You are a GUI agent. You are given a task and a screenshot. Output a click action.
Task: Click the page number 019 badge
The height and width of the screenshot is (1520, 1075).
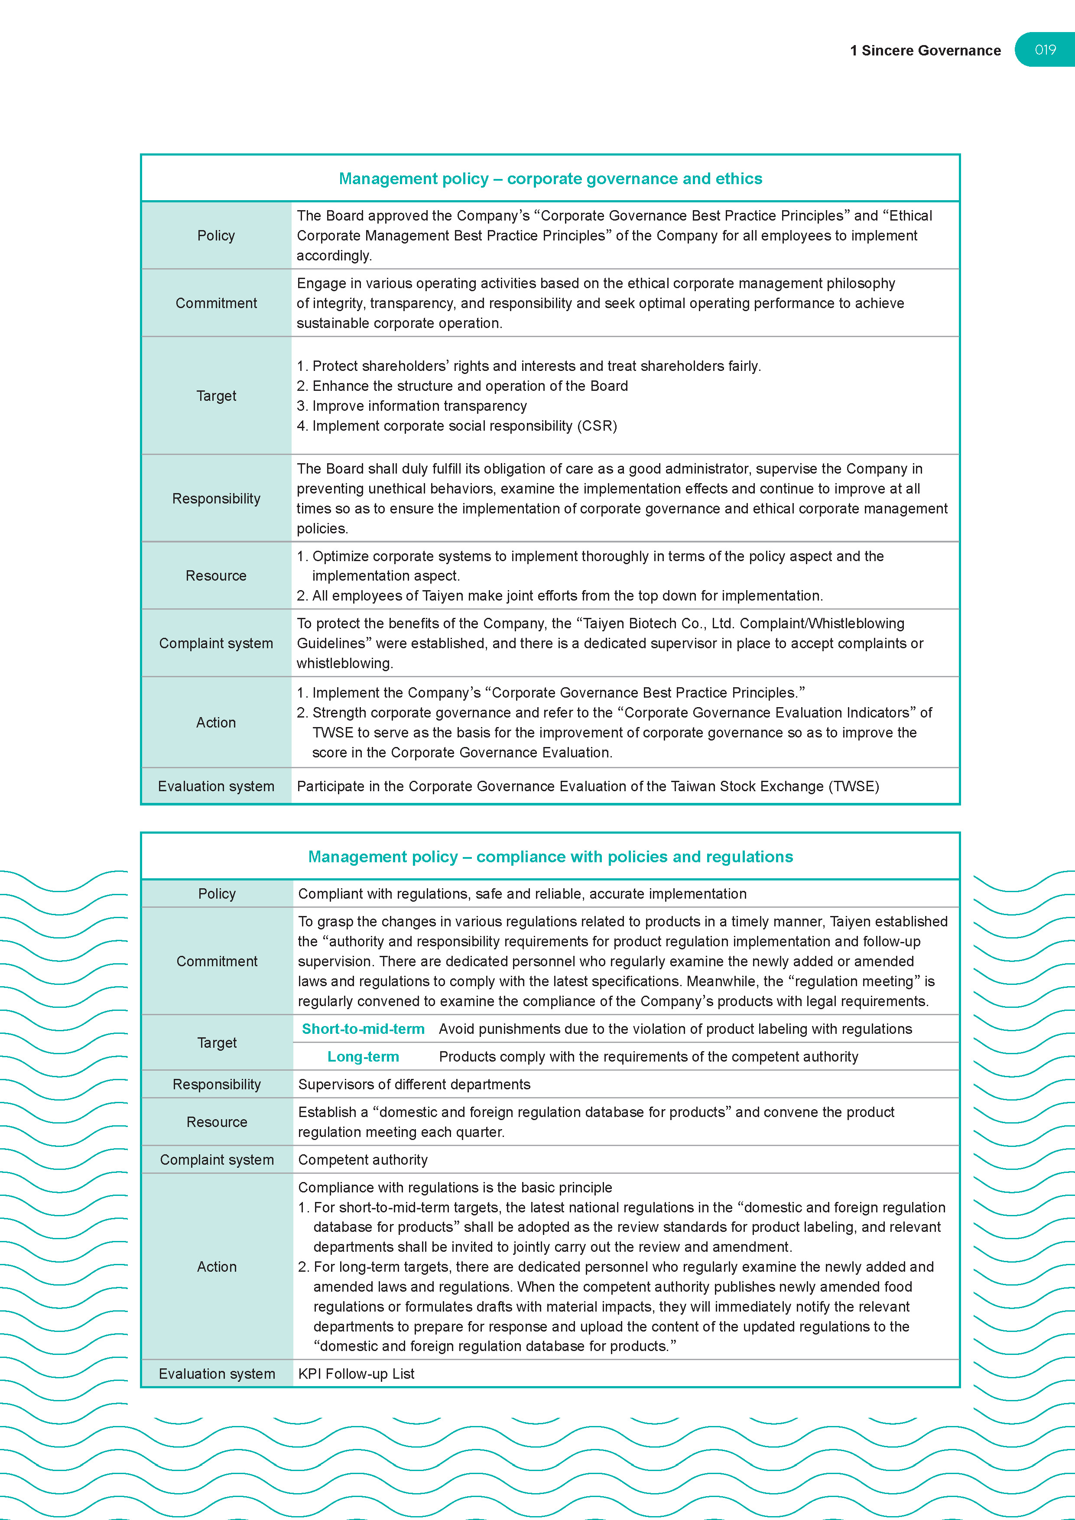tap(1045, 50)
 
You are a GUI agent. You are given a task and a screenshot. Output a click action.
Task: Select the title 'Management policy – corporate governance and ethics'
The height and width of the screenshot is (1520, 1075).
tap(550, 179)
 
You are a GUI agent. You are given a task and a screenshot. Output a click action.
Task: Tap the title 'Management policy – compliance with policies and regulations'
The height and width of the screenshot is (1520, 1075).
tap(550, 857)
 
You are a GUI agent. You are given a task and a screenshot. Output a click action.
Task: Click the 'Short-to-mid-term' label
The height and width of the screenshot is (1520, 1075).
tap(363, 1029)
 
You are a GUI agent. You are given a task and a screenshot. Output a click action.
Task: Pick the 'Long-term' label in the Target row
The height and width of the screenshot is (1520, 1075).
tap(363, 1056)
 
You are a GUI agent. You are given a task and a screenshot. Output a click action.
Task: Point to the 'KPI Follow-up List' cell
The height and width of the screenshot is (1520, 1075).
tap(356, 1374)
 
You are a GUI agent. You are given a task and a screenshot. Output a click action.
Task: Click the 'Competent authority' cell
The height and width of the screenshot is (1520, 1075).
tap(363, 1160)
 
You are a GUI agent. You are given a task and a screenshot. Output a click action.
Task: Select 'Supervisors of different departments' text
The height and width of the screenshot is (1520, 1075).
tap(414, 1085)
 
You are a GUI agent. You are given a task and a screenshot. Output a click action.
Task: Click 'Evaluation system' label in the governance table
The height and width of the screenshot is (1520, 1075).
tap(216, 786)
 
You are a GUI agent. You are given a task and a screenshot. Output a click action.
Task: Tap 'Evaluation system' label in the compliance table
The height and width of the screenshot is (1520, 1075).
tap(217, 1374)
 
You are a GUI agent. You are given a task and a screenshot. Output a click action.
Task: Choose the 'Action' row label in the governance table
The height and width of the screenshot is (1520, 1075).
tap(216, 722)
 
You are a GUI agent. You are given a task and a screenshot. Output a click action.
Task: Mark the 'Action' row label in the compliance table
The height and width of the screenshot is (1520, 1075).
tap(217, 1267)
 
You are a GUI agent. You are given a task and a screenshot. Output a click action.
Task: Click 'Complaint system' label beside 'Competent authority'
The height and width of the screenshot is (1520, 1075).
tap(217, 1160)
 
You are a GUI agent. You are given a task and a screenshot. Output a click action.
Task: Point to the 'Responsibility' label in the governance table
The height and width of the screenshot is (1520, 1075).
tap(216, 498)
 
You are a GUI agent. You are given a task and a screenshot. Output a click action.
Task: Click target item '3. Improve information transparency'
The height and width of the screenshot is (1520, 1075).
tap(412, 406)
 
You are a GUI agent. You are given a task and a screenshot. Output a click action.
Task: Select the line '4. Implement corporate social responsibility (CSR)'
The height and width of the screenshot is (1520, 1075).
tap(457, 425)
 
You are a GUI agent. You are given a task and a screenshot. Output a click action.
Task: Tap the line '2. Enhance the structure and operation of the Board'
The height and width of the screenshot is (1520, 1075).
tap(462, 386)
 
